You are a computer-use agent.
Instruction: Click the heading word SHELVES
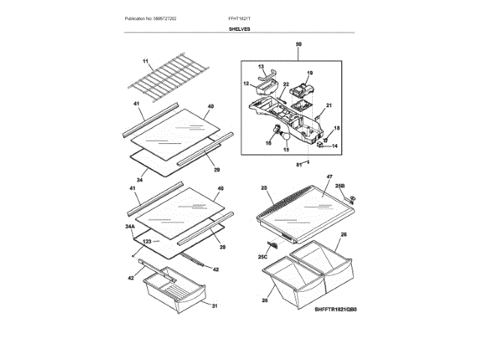(240, 29)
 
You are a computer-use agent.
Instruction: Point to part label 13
(262, 67)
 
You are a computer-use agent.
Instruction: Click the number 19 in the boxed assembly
(310, 73)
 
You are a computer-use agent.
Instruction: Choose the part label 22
(286, 85)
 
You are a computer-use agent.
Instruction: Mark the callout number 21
(328, 105)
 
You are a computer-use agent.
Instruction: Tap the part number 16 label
(268, 142)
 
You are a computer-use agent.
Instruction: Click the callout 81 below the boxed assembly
(298, 163)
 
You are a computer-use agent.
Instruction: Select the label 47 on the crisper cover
(328, 177)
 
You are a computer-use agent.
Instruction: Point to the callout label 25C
(263, 256)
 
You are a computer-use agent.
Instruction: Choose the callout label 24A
(129, 226)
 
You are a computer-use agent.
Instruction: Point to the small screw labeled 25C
(274, 244)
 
